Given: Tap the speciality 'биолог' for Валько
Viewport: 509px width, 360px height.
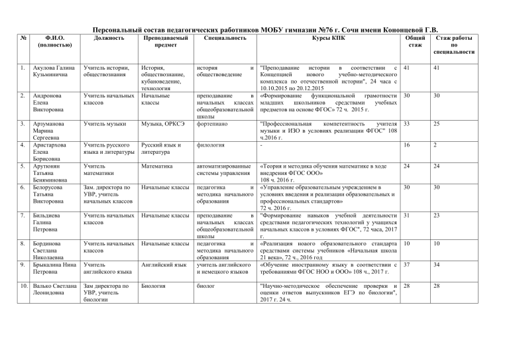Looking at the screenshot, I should [x=207, y=286].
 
